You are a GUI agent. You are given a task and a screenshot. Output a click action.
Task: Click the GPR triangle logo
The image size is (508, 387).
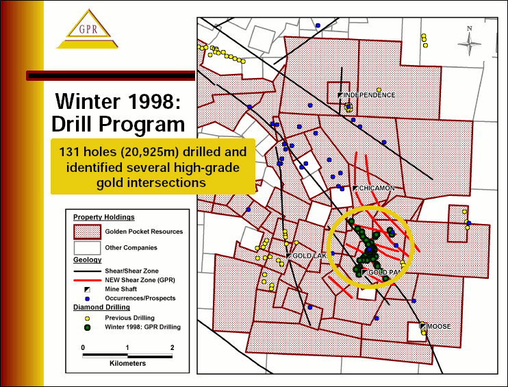[x=88, y=29]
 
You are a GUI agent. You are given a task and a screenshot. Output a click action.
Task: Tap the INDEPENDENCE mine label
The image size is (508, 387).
[x=369, y=95]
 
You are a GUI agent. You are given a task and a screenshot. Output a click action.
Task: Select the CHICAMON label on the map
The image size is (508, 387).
[x=377, y=188]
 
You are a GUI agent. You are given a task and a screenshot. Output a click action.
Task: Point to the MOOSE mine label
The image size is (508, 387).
[x=439, y=327]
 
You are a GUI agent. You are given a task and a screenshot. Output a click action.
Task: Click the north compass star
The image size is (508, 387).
[x=469, y=44]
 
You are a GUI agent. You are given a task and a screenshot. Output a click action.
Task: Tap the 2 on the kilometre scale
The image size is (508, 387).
[x=172, y=347]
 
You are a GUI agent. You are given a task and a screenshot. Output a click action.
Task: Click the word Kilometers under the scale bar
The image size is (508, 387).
[x=127, y=363]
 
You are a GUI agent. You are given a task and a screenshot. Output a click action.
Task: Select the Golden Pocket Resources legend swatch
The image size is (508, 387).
[x=87, y=232]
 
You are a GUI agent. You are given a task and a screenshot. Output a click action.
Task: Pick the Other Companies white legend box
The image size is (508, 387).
[x=87, y=248]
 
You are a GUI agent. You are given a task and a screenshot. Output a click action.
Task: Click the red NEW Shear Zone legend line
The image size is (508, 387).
[x=87, y=280]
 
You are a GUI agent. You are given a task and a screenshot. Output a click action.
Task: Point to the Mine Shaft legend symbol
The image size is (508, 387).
[x=87, y=290]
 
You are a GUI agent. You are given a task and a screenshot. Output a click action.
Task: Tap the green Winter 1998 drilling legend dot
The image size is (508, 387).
[x=87, y=327]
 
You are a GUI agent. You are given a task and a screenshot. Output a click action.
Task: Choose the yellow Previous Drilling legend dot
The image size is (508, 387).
[x=87, y=319]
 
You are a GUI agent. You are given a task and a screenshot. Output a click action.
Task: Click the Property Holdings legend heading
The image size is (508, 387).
[x=103, y=217]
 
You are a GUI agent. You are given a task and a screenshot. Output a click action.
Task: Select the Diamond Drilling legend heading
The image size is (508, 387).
[x=101, y=308]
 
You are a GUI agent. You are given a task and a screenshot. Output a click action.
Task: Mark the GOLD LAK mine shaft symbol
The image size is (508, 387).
[x=289, y=255]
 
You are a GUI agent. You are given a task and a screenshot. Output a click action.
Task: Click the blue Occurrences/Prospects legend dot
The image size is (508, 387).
[x=87, y=299]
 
